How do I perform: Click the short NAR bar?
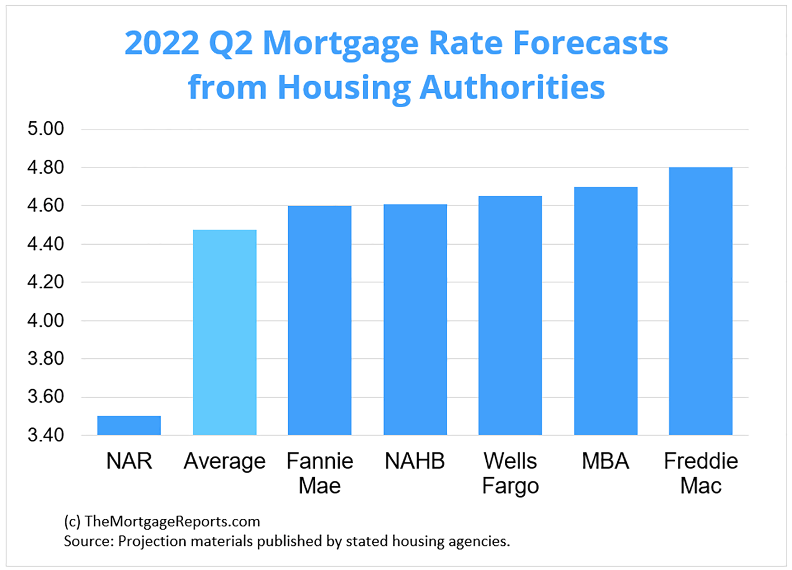click(x=129, y=426)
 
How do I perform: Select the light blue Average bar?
click(x=224, y=332)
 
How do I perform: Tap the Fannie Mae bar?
click(x=319, y=320)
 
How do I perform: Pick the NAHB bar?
click(x=415, y=320)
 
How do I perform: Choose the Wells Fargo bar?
click(x=510, y=315)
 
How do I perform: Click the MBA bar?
click(x=606, y=311)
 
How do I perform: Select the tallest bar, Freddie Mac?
click(x=700, y=301)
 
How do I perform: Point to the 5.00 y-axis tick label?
click(x=45, y=129)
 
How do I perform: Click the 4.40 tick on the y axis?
click(x=45, y=244)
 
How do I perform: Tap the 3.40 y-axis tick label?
click(x=45, y=435)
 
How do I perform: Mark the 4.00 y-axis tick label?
click(x=45, y=320)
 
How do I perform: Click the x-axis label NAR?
click(x=129, y=461)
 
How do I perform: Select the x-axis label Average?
click(x=224, y=462)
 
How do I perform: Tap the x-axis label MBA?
click(x=606, y=461)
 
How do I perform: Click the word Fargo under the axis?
click(x=510, y=486)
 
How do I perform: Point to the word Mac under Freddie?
click(x=700, y=486)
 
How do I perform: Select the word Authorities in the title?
click(x=512, y=87)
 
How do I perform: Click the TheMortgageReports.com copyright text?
click(x=172, y=521)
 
